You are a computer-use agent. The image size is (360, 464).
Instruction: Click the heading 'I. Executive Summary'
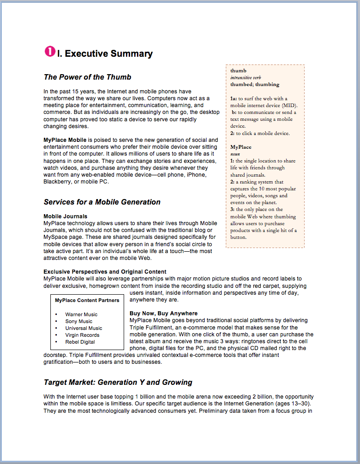104,54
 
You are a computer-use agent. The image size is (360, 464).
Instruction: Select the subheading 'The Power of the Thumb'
87,77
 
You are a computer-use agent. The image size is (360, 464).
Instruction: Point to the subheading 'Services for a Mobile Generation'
102,202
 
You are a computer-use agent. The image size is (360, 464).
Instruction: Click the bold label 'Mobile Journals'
65,216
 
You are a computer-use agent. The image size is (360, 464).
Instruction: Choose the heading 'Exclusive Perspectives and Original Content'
105,272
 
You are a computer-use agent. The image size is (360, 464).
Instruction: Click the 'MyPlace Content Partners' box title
87,300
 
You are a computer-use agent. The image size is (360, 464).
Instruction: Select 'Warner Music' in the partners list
81,314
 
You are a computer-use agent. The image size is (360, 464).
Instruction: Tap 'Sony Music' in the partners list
78,321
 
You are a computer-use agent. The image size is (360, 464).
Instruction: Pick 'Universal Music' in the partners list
83,328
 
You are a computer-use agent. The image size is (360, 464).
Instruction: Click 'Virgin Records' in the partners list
82,335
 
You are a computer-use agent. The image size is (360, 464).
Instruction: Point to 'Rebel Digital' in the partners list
80,342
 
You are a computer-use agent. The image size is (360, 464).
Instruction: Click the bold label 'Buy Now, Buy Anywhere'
164,313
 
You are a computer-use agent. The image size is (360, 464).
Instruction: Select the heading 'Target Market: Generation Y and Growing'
118,383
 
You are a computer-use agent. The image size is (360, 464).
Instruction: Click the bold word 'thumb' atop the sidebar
238,71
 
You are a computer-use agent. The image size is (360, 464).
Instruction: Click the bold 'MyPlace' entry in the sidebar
241,147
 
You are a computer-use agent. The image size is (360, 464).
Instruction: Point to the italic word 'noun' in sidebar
235,154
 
